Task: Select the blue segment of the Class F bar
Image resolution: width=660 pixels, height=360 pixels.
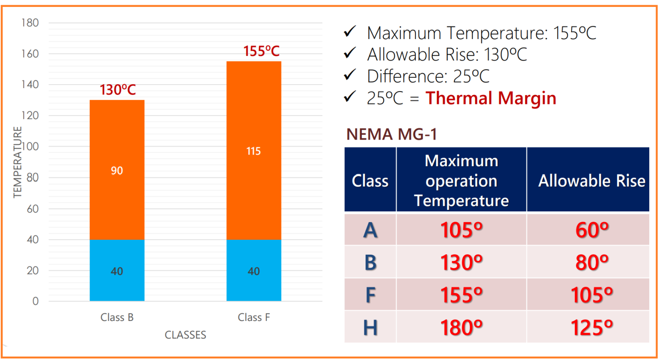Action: point(254,271)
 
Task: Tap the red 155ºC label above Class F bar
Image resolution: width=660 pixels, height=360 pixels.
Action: point(261,52)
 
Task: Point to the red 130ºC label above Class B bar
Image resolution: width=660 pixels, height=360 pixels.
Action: point(118,90)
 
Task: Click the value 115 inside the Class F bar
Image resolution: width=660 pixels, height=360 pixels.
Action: point(254,151)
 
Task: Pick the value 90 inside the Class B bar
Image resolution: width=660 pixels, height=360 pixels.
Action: point(117,171)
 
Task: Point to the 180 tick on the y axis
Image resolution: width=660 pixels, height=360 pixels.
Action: point(30,23)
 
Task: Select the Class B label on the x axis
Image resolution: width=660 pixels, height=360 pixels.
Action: point(117,317)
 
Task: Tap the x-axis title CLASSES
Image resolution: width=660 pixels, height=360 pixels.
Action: point(186,335)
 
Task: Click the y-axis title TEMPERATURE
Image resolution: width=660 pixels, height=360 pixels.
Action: point(17,162)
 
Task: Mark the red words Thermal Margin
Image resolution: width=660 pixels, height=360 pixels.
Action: point(491,98)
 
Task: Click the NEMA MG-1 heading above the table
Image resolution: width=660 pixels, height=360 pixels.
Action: point(391,134)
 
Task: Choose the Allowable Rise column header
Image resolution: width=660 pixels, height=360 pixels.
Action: point(592,181)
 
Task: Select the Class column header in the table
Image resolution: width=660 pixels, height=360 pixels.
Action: point(370,181)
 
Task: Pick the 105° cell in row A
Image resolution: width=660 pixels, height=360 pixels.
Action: point(461,230)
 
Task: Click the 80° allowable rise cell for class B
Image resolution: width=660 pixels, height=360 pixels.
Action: point(592,262)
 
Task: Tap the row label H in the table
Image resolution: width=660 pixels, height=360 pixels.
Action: point(370,327)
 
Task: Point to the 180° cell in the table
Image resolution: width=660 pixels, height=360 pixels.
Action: point(461,327)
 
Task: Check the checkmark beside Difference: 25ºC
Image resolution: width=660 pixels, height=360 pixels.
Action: point(350,75)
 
